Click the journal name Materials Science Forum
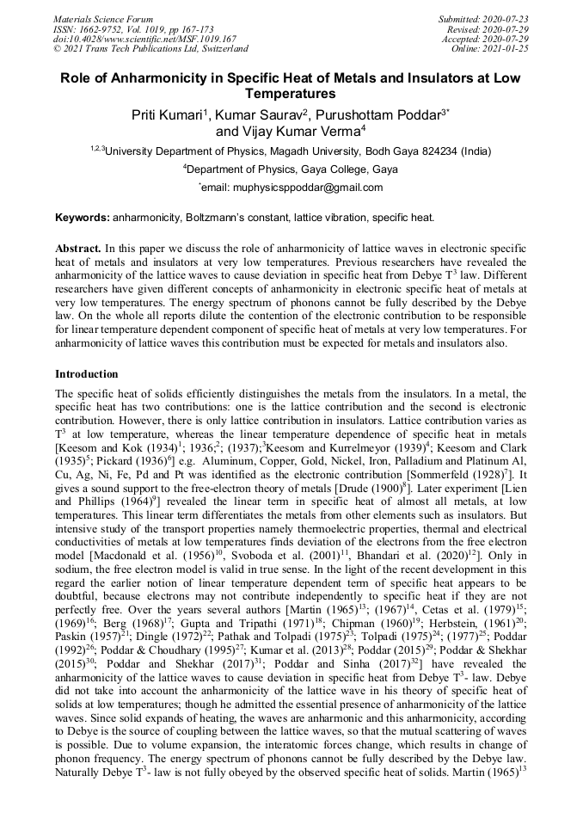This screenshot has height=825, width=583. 103,18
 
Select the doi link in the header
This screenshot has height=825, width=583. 133,39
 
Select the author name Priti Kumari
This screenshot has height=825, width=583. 168,115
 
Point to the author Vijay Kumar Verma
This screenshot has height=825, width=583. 292,132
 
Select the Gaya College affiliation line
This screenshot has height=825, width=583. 291,169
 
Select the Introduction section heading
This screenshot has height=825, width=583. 87,374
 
